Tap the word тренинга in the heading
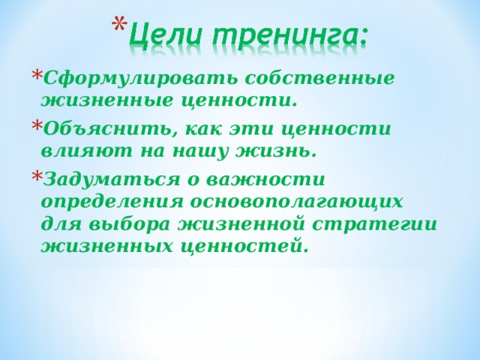pos(288,35)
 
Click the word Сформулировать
pos(140,78)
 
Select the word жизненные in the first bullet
pos(106,101)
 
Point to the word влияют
pos(85,151)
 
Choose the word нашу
pos(200,151)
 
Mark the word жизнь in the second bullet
pos(275,151)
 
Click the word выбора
pos(130,225)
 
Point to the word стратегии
pos(374,225)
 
